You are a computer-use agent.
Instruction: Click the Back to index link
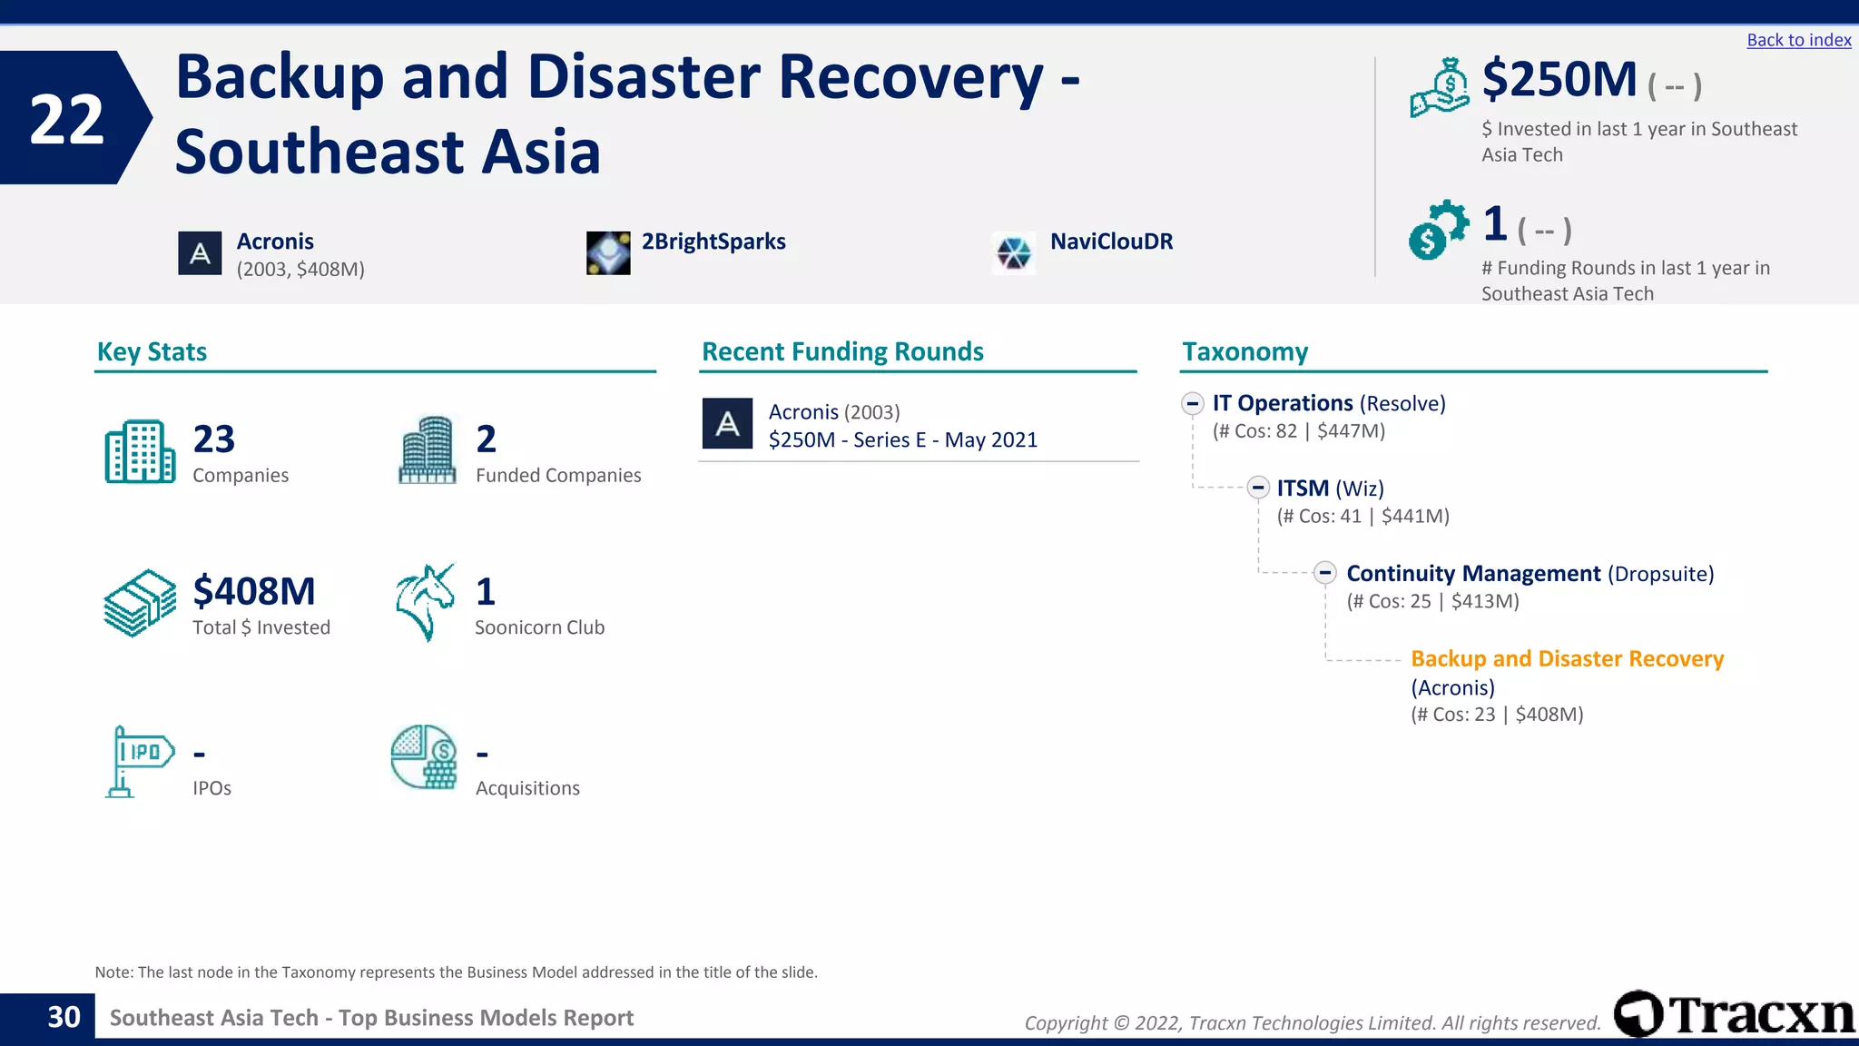[1798, 40]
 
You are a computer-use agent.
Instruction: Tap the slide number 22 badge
[68, 119]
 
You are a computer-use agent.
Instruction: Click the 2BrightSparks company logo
[608, 252]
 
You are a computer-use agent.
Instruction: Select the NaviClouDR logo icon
[1013, 252]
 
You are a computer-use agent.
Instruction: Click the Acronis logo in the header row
[200, 253]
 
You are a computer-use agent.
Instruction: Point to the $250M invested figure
[1559, 80]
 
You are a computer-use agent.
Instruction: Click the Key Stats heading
[152, 351]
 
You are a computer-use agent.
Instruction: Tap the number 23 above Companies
[214, 439]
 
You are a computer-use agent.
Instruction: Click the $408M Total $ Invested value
[254, 592]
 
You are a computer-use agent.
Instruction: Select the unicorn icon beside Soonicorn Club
[425, 602]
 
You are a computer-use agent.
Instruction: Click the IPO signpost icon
[138, 761]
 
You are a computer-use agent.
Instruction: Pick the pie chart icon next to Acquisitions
[424, 757]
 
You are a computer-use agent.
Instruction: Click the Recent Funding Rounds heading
[842, 351]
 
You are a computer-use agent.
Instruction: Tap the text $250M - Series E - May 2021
[902, 440]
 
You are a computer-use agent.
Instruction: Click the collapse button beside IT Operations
[1193, 403]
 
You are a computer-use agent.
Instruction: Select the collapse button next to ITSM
[1257, 488]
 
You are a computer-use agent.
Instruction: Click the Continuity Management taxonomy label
[1472, 574]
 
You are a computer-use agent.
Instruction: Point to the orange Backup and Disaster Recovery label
[1567, 658]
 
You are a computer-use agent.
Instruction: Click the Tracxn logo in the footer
[1733, 1014]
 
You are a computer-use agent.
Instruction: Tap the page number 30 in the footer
[64, 1018]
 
